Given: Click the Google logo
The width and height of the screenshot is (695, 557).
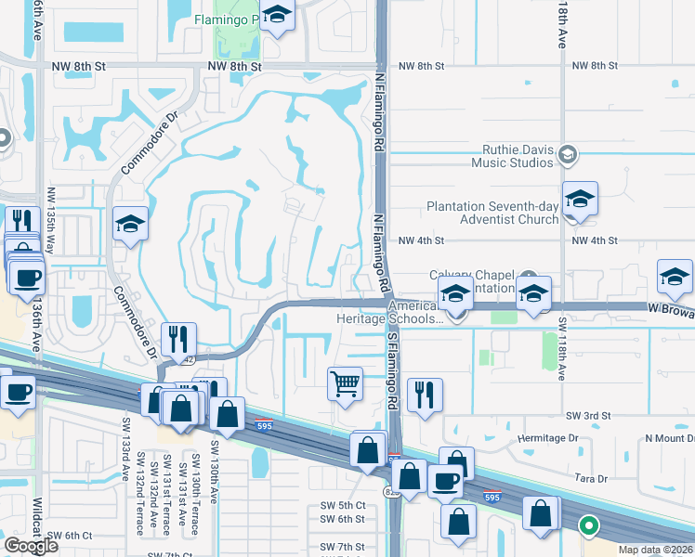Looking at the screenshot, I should (31, 546).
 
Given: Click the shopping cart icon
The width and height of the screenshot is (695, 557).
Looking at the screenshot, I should (345, 382).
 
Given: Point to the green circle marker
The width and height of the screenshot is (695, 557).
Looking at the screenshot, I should (588, 526).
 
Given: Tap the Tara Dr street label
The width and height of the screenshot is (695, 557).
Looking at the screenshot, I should (590, 479).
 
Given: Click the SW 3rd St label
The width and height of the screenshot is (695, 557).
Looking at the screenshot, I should (587, 415).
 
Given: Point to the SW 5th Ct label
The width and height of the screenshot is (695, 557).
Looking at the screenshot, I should (341, 504).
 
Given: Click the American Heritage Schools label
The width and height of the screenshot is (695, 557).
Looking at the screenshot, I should (390, 312).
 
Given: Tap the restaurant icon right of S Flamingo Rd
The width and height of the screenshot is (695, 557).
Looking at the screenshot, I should (425, 394).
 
